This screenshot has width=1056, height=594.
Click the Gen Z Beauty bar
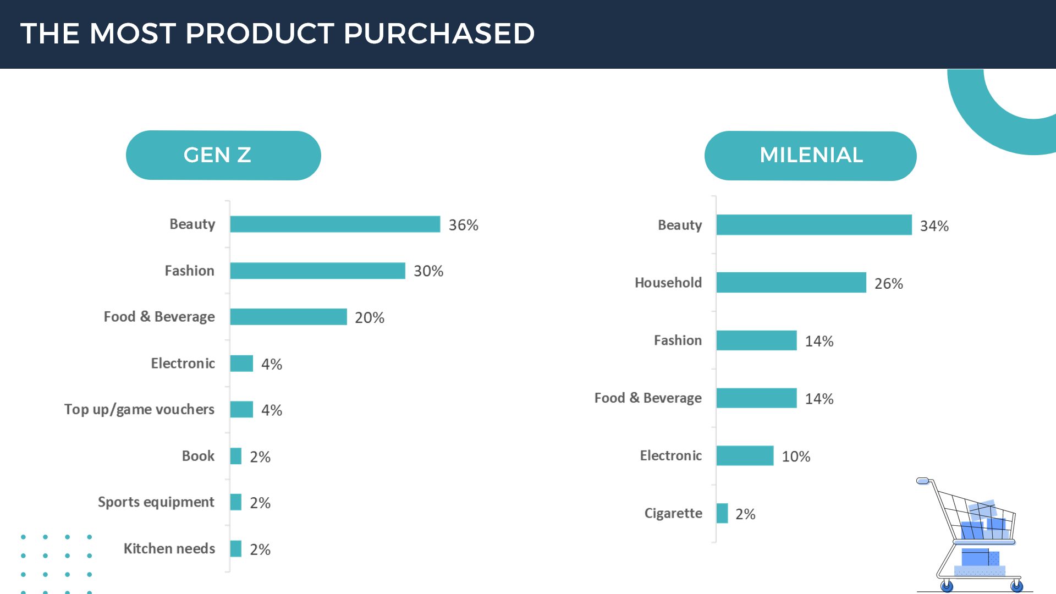[x=335, y=224]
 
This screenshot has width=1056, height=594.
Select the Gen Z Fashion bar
[x=317, y=271]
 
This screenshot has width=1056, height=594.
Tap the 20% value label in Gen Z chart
[x=369, y=318]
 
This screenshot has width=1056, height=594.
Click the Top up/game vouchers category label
[x=139, y=410]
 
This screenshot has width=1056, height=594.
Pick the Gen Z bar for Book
[x=236, y=456]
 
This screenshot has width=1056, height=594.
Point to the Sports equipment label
[x=156, y=502]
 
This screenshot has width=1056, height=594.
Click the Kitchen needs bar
[x=236, y=549]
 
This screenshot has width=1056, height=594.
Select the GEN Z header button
[x=223, y=155]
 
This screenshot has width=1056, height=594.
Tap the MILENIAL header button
[x=810, y=156]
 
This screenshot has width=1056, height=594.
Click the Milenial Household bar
[x=791, y=283]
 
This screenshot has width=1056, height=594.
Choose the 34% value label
[x=934, y=226]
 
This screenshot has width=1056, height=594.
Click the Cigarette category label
[x=673, y=514]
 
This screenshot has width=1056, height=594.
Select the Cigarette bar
[x=722, y=514]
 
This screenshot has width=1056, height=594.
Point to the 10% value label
[x=796, y=457]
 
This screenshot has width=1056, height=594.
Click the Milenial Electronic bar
[x=745, y=456]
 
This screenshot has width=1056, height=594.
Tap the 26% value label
[x=888, y=284]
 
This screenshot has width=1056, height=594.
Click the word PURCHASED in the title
[x=439, y=34]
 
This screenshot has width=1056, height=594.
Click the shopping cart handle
[x=923, y=481]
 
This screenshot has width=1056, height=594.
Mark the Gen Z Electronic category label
[x=183, y=364]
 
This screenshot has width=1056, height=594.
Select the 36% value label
[x=463, y=226]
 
